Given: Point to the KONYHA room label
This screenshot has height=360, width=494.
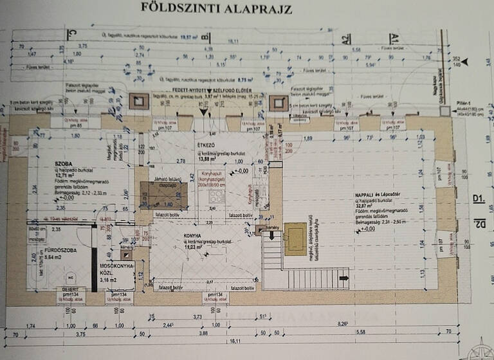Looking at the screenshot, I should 192,236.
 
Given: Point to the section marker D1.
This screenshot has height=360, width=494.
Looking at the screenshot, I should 478,200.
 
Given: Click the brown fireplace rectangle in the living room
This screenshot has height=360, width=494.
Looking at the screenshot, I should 295,239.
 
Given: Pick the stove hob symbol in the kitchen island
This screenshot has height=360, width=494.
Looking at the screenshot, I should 216,197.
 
